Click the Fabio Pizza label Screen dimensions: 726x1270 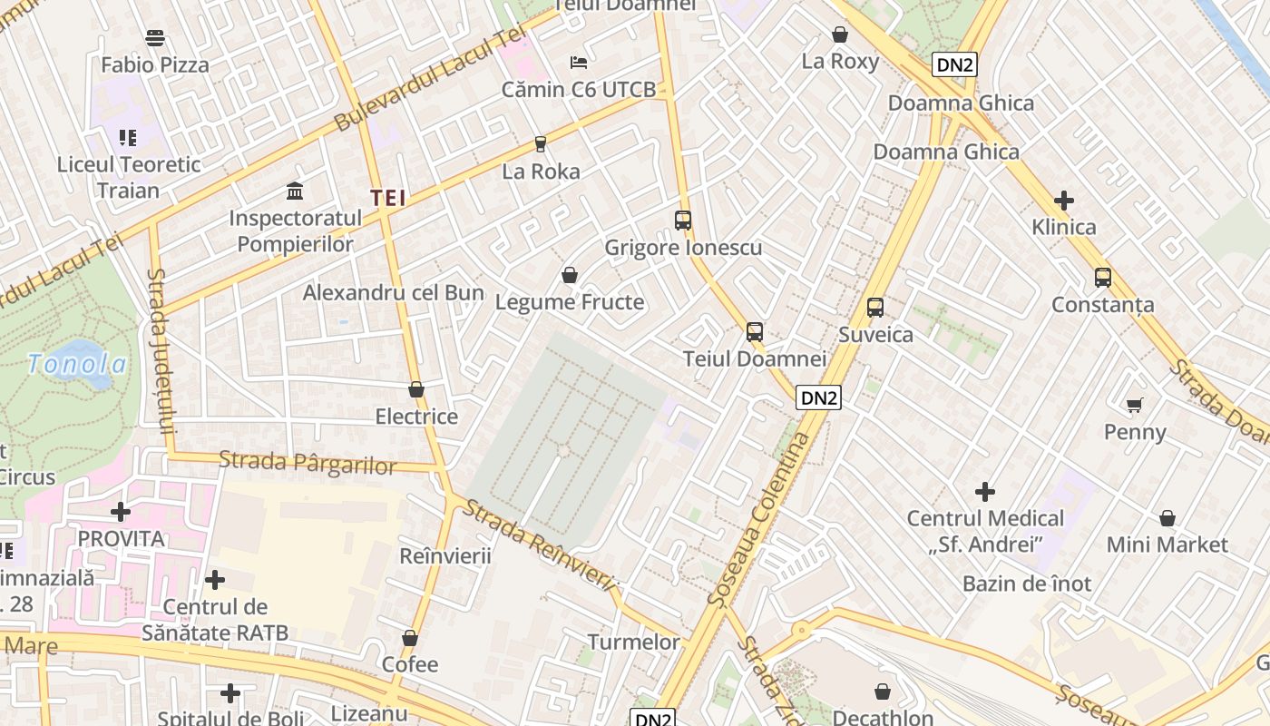155,65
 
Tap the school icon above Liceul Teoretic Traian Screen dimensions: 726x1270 128,138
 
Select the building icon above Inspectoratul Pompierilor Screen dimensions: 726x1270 295,191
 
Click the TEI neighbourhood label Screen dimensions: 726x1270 387,198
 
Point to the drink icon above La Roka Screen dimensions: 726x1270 541,143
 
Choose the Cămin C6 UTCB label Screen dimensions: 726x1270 579,90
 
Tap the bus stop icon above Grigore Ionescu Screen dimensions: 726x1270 683,221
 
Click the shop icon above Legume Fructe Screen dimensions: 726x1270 570,274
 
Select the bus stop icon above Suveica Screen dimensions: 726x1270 875,308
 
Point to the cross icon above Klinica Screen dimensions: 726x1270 1064,201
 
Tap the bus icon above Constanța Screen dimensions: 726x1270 1103,278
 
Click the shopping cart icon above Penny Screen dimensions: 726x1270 1135,405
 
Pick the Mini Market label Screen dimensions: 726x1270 1167,544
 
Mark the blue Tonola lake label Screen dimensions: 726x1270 77,364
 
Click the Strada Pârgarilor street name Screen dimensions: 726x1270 308,463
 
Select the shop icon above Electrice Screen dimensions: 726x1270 416,389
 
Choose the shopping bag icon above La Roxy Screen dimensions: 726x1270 840,35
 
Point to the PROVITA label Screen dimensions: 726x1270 121,538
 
